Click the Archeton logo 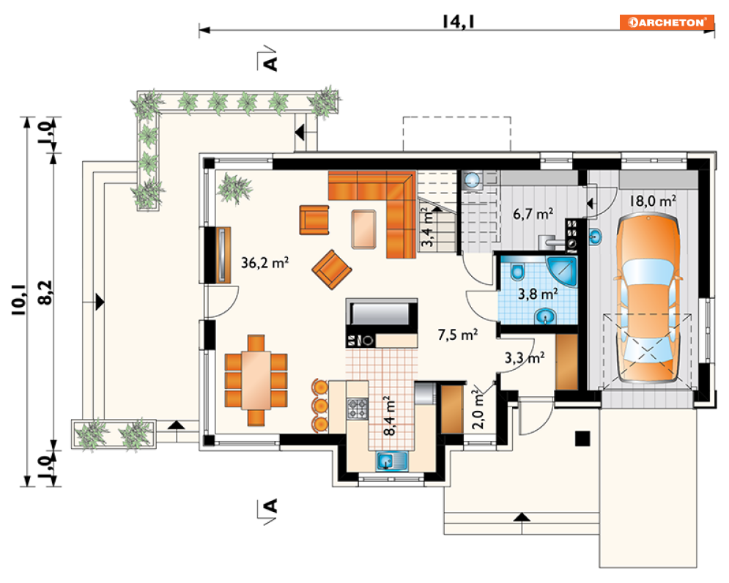666,22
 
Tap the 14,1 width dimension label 458,21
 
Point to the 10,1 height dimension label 19,300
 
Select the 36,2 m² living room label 264,263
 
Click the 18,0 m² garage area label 653,201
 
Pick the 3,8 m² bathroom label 538,294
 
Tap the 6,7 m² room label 533,214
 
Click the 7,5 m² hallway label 457,334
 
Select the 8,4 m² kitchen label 390,415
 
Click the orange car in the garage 648,298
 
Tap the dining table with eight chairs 256,380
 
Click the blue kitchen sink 392,461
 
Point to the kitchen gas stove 357,408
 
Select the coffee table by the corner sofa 363,230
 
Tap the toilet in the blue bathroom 517,271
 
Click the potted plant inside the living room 234,188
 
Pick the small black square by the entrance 582,439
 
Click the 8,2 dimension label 46,292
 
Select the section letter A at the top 270,63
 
